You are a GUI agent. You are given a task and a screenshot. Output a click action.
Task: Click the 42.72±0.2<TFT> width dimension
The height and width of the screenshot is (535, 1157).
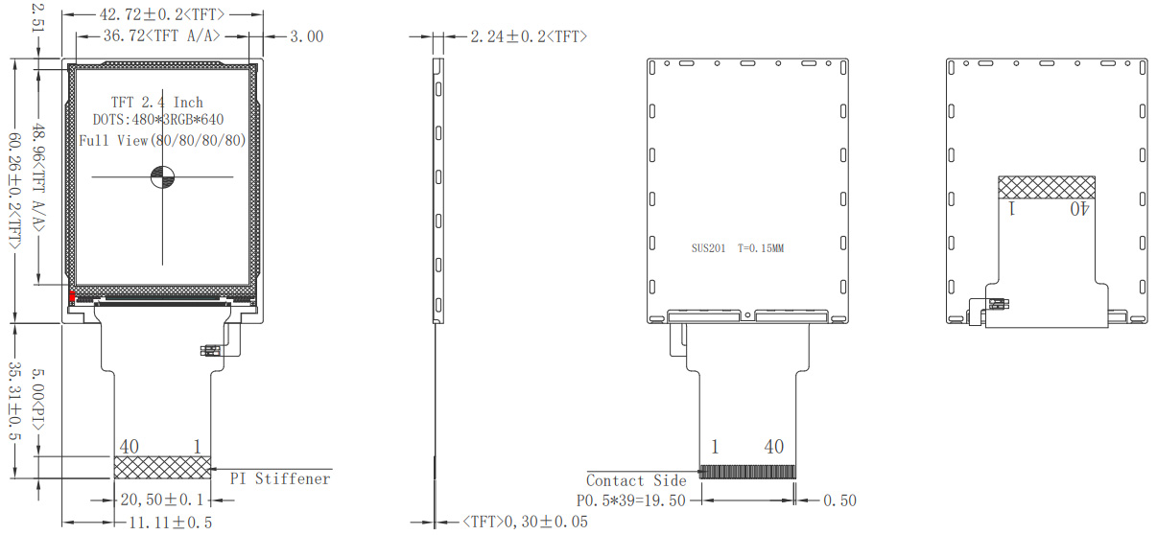pos(162,14)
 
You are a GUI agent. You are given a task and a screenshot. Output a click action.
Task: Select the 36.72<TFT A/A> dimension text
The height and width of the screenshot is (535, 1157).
pos(162,35)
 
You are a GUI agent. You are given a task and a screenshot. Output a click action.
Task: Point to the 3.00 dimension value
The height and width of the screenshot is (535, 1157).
pos(307,36)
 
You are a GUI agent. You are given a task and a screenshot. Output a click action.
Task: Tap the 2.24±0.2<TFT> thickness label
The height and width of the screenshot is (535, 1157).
pos(529,36)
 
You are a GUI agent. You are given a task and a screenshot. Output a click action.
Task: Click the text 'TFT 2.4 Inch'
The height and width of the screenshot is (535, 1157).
pos(157,102)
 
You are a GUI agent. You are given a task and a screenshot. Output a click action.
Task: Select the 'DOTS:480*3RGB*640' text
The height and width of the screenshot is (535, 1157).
pos(158,119)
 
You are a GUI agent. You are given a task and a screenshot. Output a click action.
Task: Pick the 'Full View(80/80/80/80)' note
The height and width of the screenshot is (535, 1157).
pos(162,141)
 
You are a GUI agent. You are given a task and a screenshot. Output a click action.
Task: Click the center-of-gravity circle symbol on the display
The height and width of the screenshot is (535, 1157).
pos(162,176)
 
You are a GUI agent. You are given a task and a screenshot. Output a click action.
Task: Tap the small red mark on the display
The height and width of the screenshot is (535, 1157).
pos(72,296)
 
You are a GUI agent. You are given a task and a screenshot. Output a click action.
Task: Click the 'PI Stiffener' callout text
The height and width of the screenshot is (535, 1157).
pos(280,478)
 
